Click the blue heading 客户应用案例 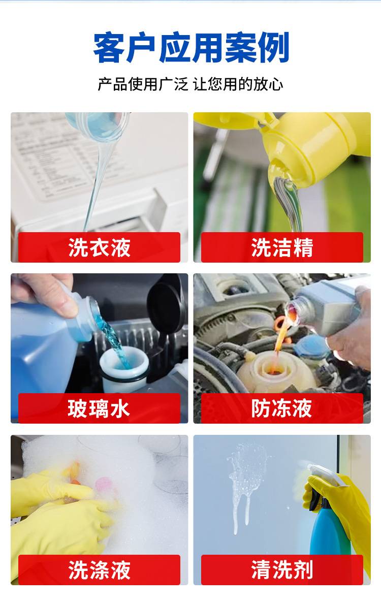click(191, 48)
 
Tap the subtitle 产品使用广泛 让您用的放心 click(190, 84)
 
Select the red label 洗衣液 click(100, 247)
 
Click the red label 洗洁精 click(282, 247)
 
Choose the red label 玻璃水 click(100, 408)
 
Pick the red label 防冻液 click(282, 408)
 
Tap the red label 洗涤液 click(100, 570)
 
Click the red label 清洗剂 click(282, 570)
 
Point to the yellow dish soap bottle click(308, 143)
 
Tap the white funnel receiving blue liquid click(124, 366)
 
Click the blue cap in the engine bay click(311, 346)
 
